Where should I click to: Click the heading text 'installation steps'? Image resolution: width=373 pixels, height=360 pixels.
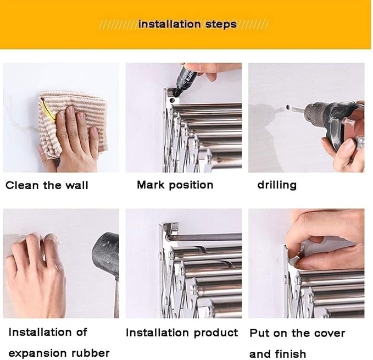pos(187,25)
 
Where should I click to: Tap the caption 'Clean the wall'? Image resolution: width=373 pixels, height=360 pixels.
pos(47,185)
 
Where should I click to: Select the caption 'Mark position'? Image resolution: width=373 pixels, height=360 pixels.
pos(175,185)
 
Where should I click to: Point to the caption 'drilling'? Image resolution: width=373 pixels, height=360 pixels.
pos(277,185)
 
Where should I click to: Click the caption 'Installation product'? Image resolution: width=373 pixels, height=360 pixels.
pos(182,333)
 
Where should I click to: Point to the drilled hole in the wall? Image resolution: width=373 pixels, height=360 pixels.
pos(288,107)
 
